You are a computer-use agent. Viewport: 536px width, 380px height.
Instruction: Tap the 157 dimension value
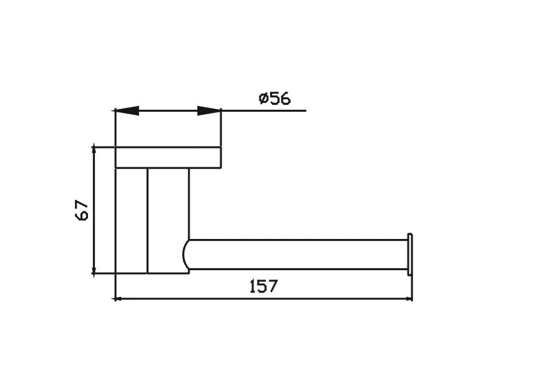point(263,286)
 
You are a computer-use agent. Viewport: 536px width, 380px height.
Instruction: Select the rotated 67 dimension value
point(82,210)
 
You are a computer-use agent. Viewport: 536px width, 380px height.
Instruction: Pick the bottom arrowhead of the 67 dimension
point(94,269)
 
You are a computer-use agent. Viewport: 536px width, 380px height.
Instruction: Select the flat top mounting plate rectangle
point(168,158)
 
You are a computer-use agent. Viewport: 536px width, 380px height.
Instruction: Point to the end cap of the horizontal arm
point(410,255)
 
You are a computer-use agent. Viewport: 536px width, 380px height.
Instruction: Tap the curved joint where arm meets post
point(188,256)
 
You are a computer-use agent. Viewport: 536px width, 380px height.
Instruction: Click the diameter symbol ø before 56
point(263,99)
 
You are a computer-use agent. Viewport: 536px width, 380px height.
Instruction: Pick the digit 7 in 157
point(272,286)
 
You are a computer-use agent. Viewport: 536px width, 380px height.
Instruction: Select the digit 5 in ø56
point(275,99)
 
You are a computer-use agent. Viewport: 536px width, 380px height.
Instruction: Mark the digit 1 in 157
point(253,286)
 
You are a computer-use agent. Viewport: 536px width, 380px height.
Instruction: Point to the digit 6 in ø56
point(285,99)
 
